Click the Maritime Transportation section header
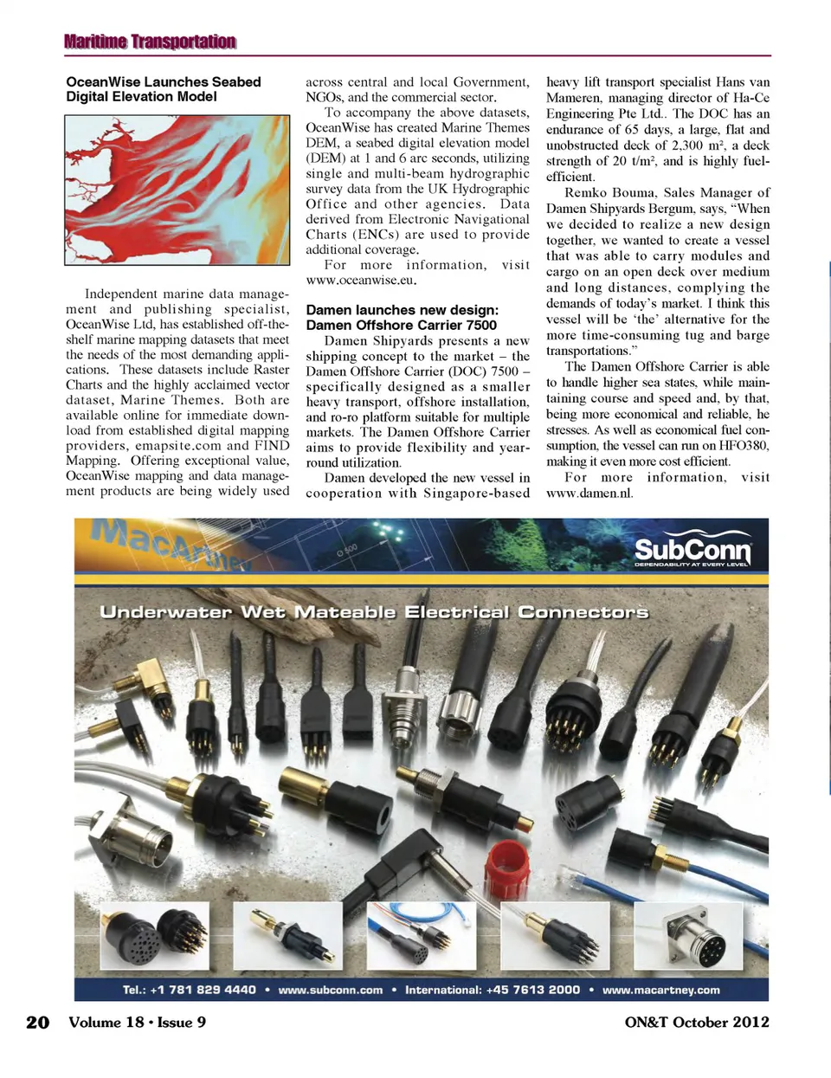click(150, 42)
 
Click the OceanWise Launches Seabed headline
click(163, 82)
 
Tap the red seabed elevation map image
click(177, 190)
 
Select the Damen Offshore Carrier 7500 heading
click(401, 326)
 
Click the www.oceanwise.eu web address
click(361, 281)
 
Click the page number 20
click(38, 1023)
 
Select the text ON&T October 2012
click(697, 1023)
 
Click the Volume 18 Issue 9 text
click(138, 1023)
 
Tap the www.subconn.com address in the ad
click(330, 991)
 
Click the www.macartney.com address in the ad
click(660, 991)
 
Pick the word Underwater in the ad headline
click(166, 613)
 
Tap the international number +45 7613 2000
click(533, 991)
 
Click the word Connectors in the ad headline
click(583, 613)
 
